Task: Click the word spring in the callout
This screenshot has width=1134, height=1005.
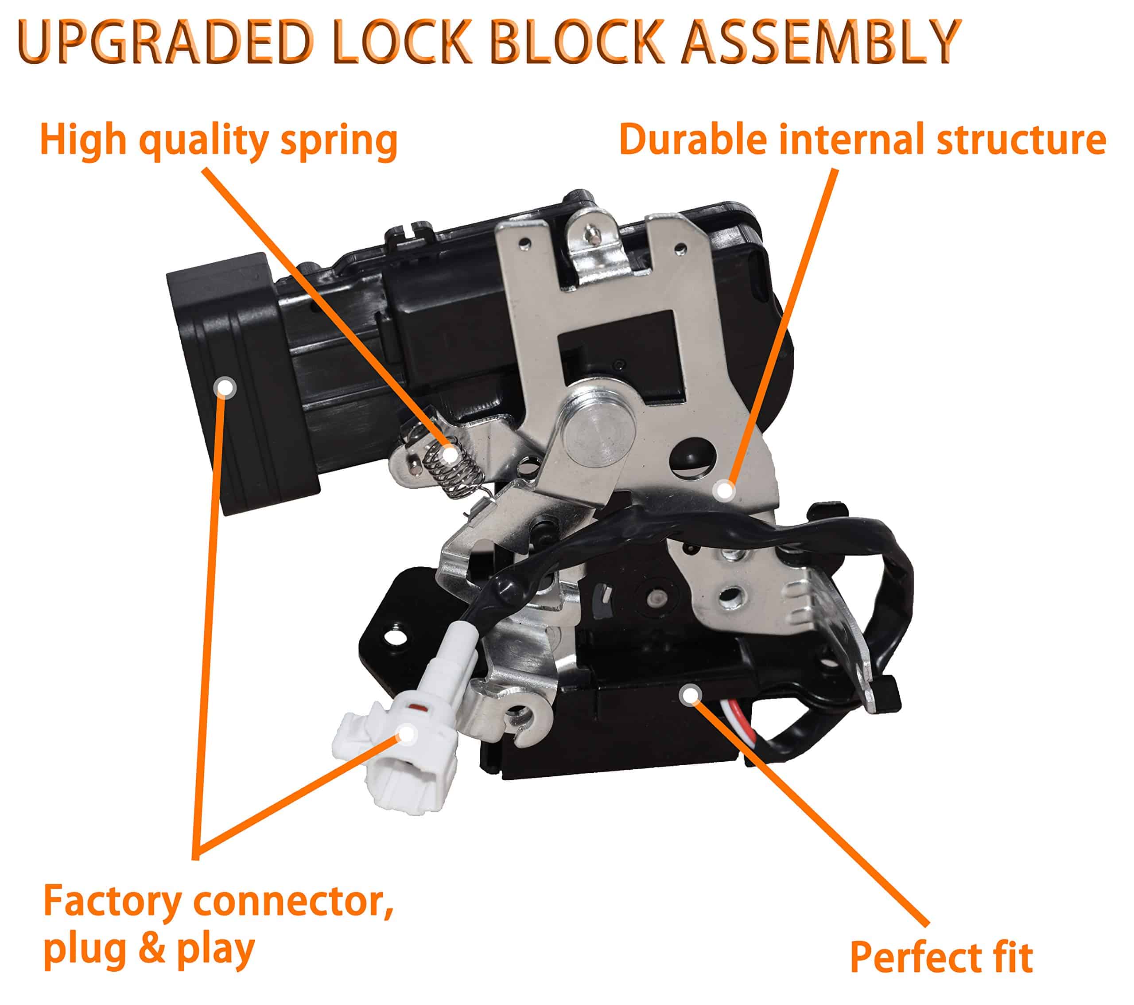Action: click(339, 141)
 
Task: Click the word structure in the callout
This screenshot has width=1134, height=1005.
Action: click(1021, 140)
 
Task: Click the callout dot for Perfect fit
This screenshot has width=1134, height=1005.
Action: click(690, 695)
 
